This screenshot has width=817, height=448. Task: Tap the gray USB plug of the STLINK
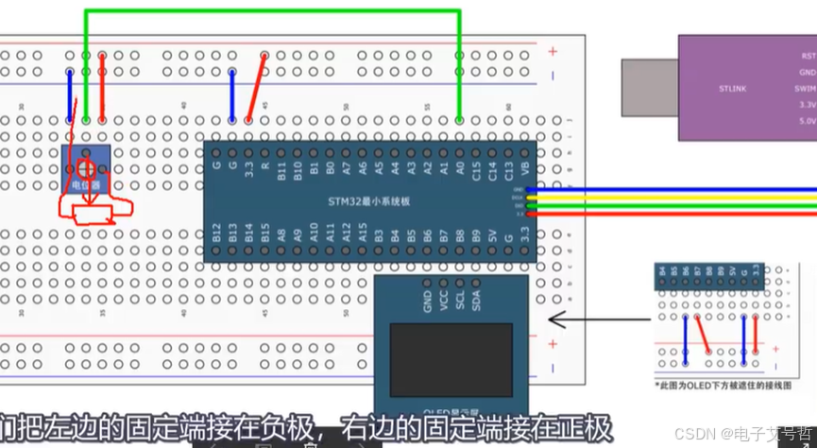coord(650,87)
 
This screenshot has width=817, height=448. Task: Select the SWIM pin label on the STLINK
coord(805,88)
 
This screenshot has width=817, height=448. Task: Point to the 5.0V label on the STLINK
coord(807,121)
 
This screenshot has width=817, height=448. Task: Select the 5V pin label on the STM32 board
coord(492,233)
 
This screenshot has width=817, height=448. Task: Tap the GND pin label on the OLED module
coord(427,302)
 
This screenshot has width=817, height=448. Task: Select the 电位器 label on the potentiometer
coord(86,186)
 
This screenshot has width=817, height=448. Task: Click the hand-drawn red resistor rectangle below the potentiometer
coord(97,211)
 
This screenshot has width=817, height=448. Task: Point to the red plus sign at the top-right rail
coord(553,51)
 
